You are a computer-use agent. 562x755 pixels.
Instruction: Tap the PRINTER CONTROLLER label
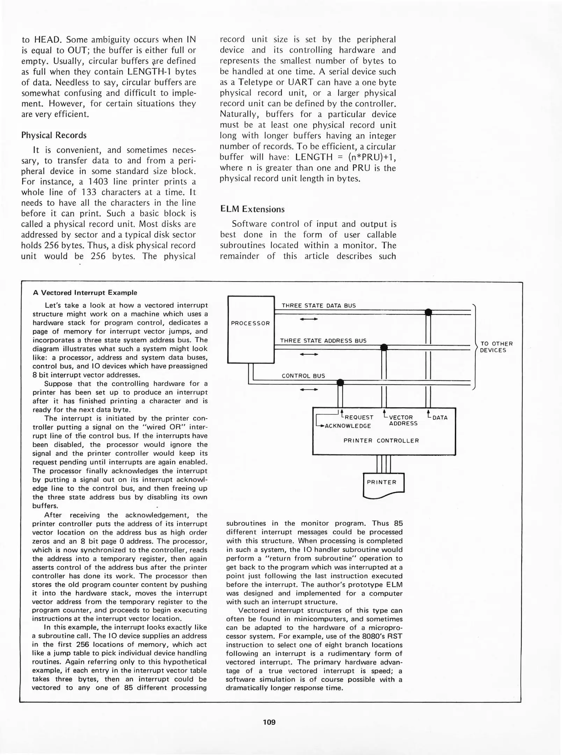(381, 440)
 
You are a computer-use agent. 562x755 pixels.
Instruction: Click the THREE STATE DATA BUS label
(318, 305)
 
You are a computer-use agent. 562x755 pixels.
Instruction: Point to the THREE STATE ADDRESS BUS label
(323, 340)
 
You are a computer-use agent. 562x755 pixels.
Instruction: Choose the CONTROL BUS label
(303, 376)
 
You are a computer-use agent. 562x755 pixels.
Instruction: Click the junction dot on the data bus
(428, 312)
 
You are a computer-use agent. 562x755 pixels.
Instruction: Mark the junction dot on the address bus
(384, 347)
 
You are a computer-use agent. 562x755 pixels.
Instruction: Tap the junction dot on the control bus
(340, 382)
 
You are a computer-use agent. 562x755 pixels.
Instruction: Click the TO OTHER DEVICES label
(496, 347)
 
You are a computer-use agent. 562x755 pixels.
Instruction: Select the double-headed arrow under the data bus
(309, 319)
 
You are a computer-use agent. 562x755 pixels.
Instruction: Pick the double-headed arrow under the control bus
(309, 389)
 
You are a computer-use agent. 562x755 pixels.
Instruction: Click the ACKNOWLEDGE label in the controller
(347, 426)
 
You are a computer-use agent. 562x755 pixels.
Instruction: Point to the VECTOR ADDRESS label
(403, 420)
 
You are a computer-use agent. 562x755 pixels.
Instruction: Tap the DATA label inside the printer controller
(440, 417)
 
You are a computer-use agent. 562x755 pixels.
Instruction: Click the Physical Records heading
(54, 135)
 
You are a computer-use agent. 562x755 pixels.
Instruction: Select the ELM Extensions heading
(252, 209)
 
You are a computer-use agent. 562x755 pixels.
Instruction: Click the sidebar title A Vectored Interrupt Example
(85, 293)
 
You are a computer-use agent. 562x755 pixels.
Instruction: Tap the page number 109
(269, 722)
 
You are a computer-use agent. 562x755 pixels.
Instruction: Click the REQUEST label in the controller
(359, 417)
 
